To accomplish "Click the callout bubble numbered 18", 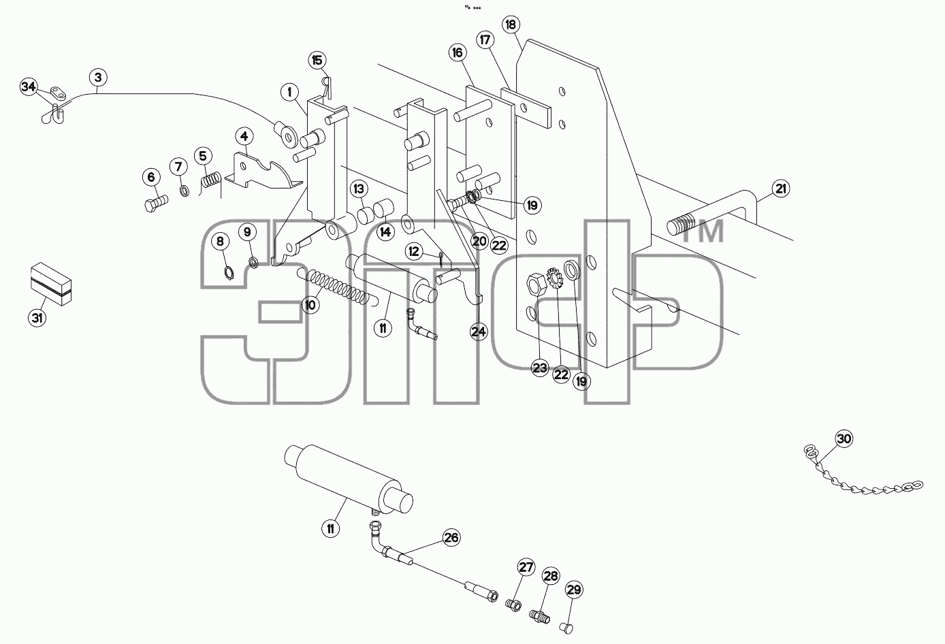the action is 511,25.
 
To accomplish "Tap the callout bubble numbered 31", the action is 37,317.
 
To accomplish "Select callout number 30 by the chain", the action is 844,439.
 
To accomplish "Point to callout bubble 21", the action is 781,189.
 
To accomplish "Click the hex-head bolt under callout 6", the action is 156,203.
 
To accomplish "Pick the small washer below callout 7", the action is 184,191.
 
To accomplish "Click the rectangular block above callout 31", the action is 51,283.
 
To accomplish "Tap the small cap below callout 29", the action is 566,628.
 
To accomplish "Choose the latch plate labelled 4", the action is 261,172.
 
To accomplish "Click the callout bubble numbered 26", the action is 451,538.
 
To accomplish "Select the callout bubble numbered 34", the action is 29,87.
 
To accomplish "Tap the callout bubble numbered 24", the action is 479,332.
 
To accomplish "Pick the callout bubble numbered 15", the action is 317,61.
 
